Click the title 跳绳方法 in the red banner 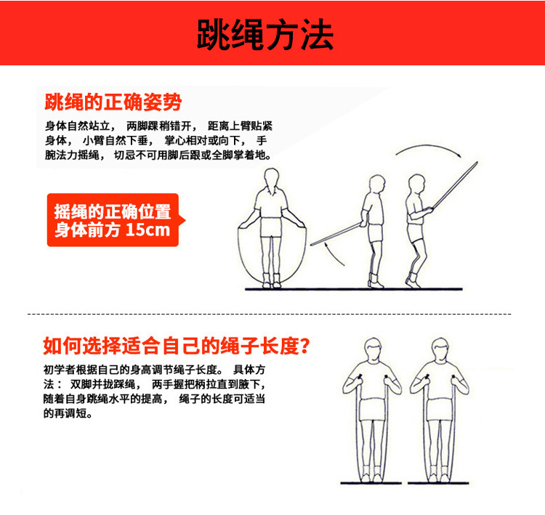click(265, 34)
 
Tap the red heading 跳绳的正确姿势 click(113, 102)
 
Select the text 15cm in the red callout click(148, 230)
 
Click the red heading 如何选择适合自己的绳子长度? click(177, 346)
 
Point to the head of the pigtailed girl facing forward click(272, 178)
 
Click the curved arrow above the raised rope click(428, 148)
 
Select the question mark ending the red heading click(304, 346)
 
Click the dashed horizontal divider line click(270, 314)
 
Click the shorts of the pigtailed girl click(271, 227)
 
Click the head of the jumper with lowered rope click(376, 184)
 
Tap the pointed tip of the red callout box click(185, 220)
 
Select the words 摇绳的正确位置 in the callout click(113, 211)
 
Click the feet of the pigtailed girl click(272, 281)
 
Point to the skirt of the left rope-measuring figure click(373, 410)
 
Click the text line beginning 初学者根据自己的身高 click(154, 370)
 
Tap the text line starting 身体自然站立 click(159, 126)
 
